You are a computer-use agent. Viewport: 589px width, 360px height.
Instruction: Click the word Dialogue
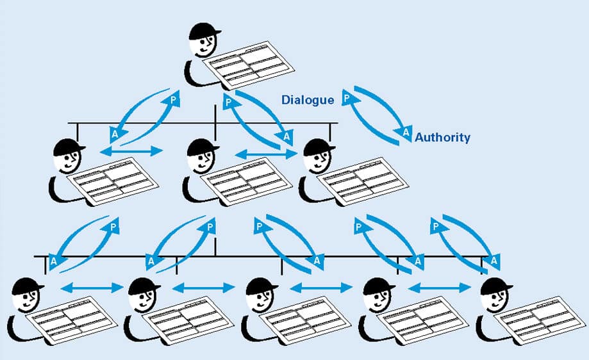[308, 100]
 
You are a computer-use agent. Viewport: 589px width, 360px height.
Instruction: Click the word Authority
[442, 137]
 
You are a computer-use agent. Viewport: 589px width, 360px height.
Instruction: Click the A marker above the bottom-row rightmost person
[494, 261]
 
